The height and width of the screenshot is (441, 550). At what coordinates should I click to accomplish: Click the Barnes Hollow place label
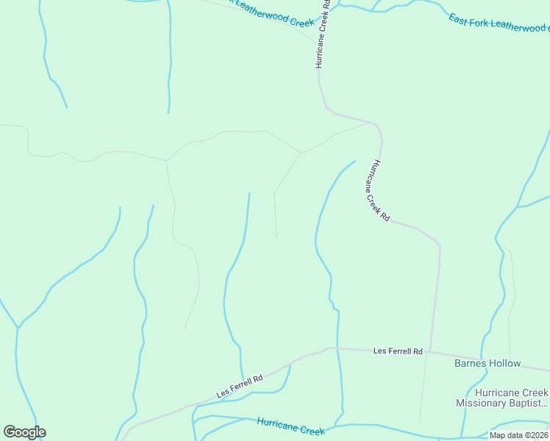click(x=488, y=363)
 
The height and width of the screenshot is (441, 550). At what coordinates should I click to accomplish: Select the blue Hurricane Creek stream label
click(x=290, y=425)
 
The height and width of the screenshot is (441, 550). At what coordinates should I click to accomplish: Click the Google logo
click(x=24, y=432)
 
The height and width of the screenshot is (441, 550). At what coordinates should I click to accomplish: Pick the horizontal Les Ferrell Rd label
click(x=398, y=352)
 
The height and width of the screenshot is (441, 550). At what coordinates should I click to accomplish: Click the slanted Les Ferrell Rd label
click(x=240, y=387)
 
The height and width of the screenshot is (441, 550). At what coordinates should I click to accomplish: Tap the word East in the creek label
click(x=459, y=15)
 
